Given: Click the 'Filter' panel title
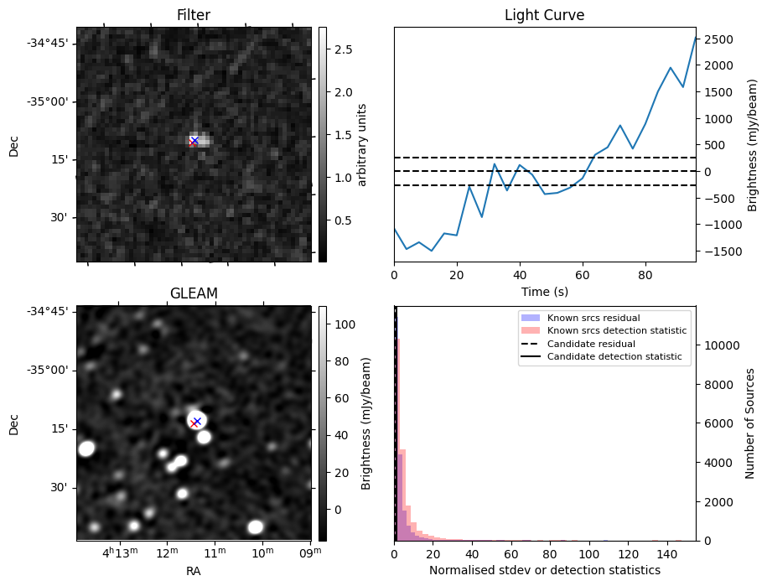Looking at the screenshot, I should coord(193,15).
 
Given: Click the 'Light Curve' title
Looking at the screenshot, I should coord(544,15).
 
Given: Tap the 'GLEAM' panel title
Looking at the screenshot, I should coord(193,293).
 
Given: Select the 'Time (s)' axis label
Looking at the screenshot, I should coord(544,292).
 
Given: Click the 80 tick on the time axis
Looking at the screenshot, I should coord(645,273).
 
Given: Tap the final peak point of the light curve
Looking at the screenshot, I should coord(695,37).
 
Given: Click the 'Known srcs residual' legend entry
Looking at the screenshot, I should coord(593,318).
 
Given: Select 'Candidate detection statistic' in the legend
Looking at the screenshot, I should coord(614,357).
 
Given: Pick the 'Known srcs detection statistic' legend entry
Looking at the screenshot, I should coord(616,331).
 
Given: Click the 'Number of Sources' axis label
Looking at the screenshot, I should coord(750,423).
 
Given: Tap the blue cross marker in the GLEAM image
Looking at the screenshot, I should coord(197,421).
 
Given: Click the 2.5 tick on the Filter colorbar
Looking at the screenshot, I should coord(343,49).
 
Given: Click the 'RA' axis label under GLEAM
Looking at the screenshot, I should coord(193,571).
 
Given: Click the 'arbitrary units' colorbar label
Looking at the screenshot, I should coord(362,144).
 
